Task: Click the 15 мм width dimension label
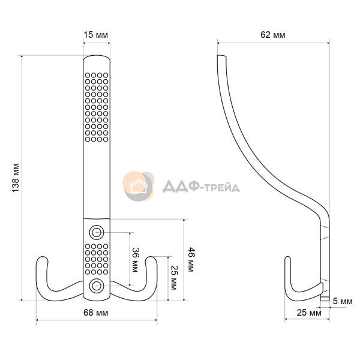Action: [x=95, y=35]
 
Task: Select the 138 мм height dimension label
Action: [x=16, y=178]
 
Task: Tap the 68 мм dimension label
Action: [x=95, y=313]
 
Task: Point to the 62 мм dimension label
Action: [x=273, y=35]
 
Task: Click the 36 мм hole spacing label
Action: [x=135, y=260]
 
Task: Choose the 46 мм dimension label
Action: [x=191, y=259]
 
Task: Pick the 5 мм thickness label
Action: [x=343, y=301]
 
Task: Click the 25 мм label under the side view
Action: [x=309, y=313]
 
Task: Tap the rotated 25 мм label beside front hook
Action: [x=174, y=278]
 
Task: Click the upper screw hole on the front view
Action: [x=97, y=232]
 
